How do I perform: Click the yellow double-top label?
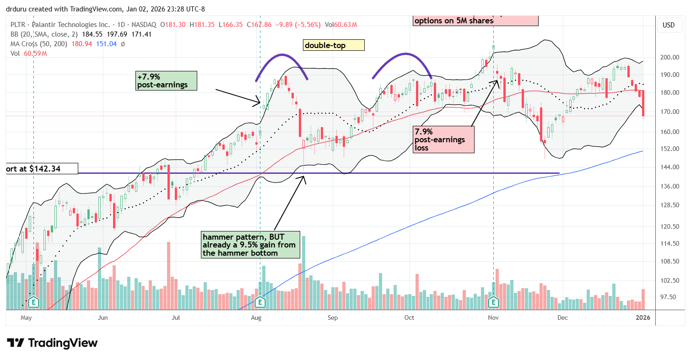click(333, 45)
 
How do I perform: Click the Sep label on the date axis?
click(333, 317)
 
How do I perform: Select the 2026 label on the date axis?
click(643, 317)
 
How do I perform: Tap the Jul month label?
click(176, 317)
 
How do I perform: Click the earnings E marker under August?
click(260, 302)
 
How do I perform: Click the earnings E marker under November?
click(493, 302)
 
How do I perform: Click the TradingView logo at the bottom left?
click(52, 343)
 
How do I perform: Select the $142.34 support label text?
click(41, 169)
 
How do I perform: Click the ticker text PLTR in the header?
click(19, 24)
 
